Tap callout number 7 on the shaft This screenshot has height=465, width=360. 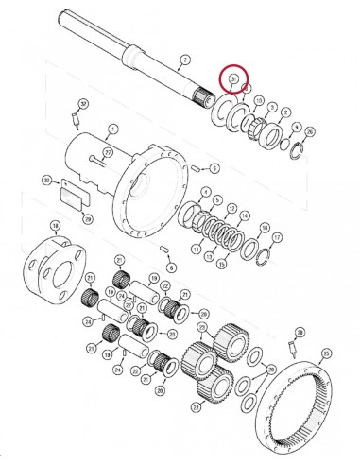(x=184, y=59)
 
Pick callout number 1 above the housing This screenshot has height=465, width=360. (x=111, y=128)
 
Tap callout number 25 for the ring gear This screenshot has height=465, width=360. (x=326, y=353)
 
